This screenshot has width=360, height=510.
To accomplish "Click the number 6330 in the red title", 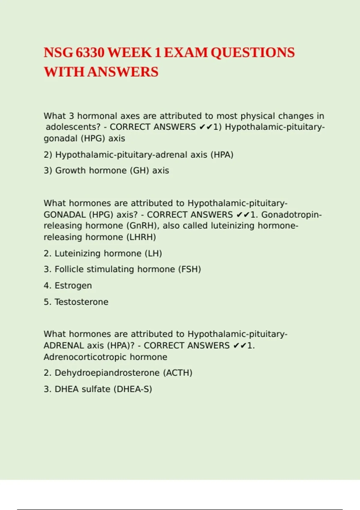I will click(x=90, y=53).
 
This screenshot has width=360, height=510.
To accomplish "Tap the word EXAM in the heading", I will click(x=186, y=53).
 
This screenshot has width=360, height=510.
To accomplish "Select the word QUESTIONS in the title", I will click(x=253, y=53).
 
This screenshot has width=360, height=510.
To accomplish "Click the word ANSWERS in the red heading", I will click(x=123, y=72).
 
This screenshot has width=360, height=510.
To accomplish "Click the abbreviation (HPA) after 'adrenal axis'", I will click(x=222, y=155).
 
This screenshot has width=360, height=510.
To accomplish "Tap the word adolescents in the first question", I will click(x=73, y=127).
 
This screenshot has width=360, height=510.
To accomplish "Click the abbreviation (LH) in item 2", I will click(x=153, y=253).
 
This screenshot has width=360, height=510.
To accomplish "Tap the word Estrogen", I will click(x=73, y=286).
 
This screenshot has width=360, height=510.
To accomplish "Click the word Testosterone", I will click(x=81, y=302).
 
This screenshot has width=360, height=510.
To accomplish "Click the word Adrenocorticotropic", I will click(x=85, y=357).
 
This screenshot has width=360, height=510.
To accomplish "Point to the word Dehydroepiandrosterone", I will click(x=107, y=373).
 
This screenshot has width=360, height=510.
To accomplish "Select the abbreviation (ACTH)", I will click(x=178, y=373).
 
